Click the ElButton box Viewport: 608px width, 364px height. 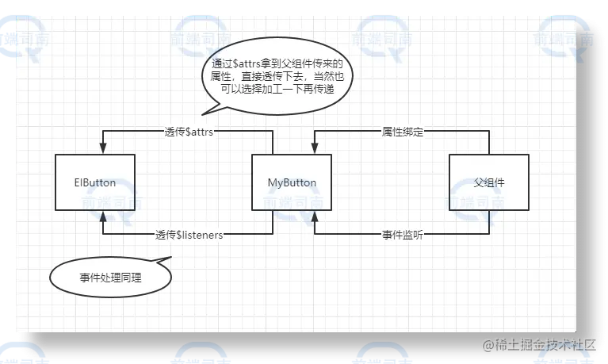pos(94,182)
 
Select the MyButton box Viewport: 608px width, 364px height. pos(292,182)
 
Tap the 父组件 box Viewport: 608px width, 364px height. pos(488,182)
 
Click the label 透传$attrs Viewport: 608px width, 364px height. pos(189,132)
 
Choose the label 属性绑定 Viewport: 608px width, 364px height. pos(402,132)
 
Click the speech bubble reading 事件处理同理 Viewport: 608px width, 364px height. pos(110,277)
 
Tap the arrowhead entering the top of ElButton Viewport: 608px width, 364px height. pos(102,149)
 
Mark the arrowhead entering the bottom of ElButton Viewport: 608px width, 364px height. pos(102,215)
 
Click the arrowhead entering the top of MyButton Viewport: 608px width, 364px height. pos(315,149)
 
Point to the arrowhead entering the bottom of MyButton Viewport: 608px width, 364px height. pos(315,215)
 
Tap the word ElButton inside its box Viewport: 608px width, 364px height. pos(94,182)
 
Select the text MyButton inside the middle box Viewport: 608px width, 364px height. pos(292,182)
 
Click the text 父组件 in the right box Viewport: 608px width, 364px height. pos(488,182)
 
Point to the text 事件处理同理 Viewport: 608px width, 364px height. pos(110,278)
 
